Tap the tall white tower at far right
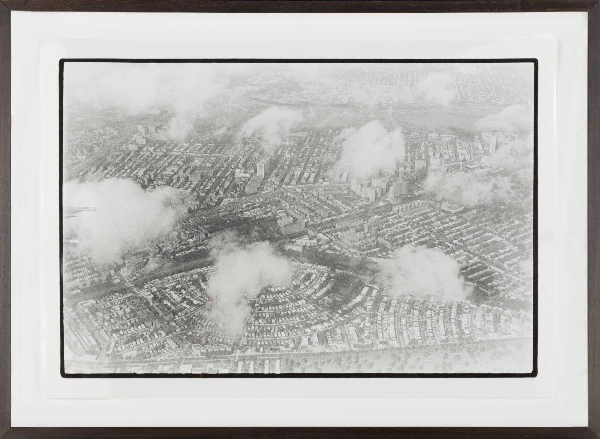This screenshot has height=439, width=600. (x=492, y=145)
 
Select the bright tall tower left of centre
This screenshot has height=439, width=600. (x=260, y=170)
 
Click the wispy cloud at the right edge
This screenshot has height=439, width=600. (x=505, y=120)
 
